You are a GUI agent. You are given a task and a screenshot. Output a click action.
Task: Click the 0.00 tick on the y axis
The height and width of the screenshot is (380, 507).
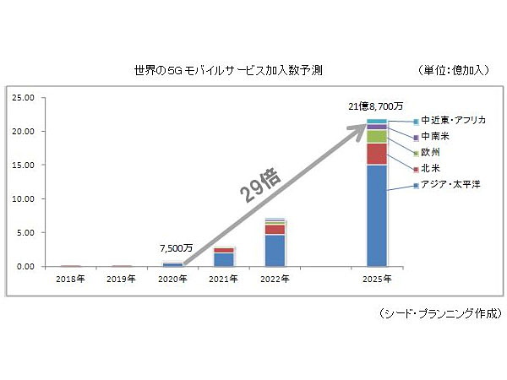25,267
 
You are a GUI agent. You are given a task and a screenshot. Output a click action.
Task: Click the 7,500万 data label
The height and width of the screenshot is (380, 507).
176,249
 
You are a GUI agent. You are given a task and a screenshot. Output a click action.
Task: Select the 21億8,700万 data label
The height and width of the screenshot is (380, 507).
375,107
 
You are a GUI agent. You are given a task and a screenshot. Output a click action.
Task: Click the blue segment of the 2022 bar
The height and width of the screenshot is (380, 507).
275,250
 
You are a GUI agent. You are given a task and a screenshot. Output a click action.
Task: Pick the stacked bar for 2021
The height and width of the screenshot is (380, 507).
224,257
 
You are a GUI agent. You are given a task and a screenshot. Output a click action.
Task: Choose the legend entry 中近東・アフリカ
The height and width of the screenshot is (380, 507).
452,121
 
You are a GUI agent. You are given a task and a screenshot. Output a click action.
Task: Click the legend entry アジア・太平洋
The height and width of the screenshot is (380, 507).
450,185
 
